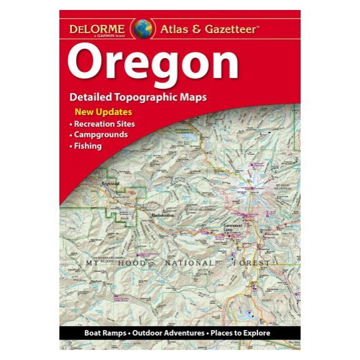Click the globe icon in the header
tap(143, 28)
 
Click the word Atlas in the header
tap(177, 28)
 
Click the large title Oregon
tap(153, 63)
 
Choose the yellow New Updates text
tap(103, 112)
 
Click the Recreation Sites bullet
tap(104, 124)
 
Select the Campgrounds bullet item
tap(101, 135)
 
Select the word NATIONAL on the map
tap(189, 264)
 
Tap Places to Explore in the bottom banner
tap(241, 333)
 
